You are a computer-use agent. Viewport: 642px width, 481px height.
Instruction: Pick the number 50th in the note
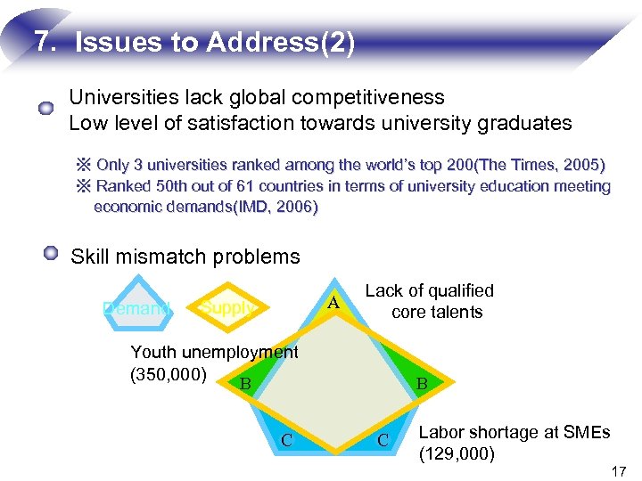pyautogui.click(x=167, y=186)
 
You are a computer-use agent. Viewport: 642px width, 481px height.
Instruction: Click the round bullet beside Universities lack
pyautogui.click(x=46, y=109)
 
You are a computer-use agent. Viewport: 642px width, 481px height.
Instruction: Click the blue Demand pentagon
pyautogui.click(x=135, y=307)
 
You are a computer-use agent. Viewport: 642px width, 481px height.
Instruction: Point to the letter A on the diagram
pyautogui.click(x=333, y=303)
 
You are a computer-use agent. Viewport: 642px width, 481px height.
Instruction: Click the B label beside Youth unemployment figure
pyautogui.click(x=245, y=384)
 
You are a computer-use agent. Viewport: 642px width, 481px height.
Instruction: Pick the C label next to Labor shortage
pyautogui.click(x=382, y=439)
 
